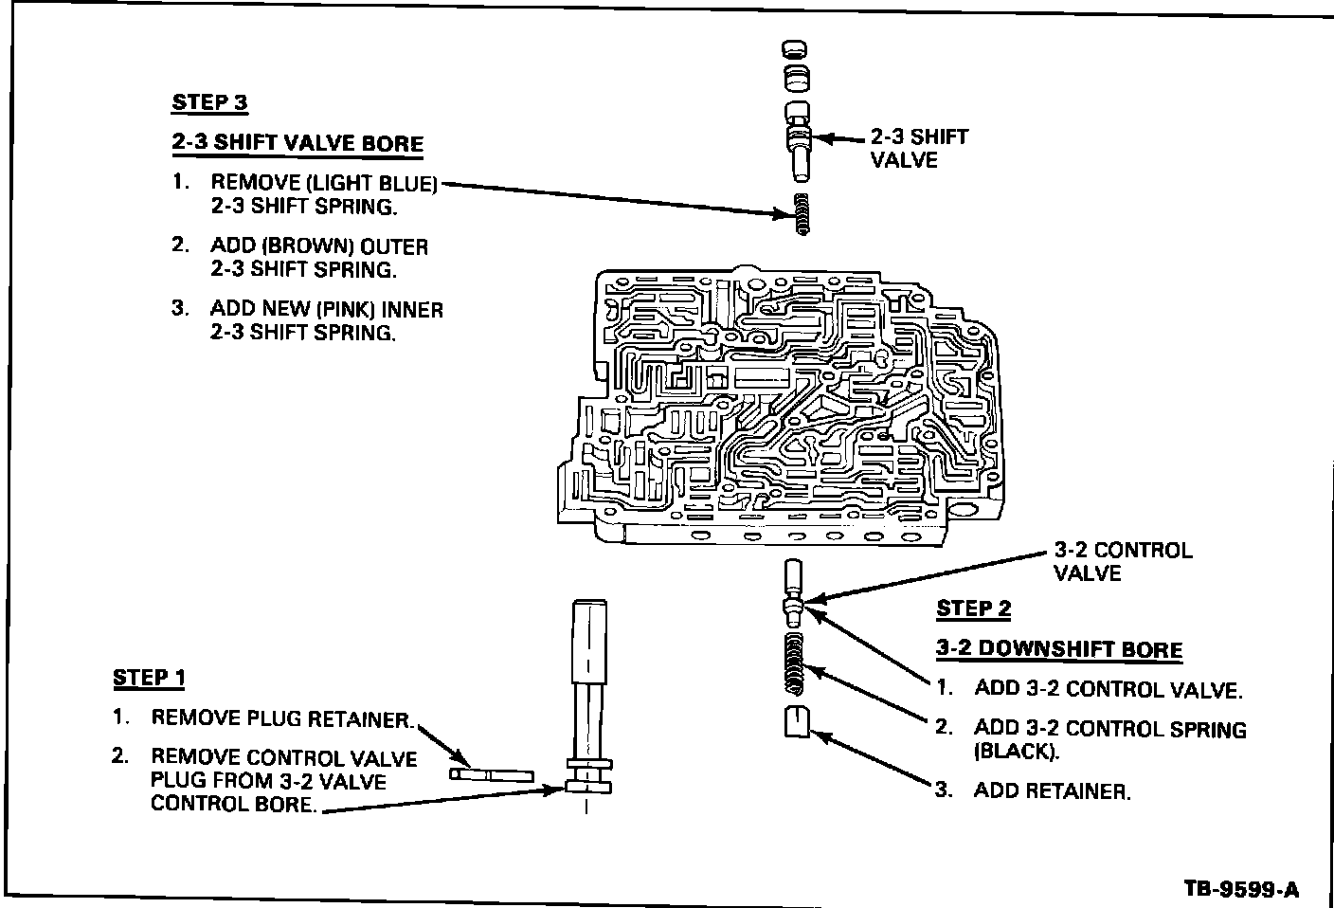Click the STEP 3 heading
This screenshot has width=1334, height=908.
209,102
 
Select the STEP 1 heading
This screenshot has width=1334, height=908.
149,678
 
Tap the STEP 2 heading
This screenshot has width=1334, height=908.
973,608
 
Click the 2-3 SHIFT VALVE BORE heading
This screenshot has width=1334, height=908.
297,144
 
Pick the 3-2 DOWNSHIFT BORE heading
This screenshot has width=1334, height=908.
1059,650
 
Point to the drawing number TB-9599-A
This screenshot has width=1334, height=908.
1241,889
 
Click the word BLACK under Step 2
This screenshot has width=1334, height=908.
1014,752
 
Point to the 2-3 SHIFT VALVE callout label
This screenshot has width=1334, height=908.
919,149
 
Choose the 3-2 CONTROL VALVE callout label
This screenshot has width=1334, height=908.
1123,562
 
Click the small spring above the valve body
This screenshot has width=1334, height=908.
802,213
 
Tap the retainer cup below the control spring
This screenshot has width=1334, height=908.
795,721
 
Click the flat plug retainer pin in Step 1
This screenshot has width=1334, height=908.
492,774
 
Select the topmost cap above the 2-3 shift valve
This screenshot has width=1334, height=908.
796,51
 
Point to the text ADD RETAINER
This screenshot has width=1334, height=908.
1052,791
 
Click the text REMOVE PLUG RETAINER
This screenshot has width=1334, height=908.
280,718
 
